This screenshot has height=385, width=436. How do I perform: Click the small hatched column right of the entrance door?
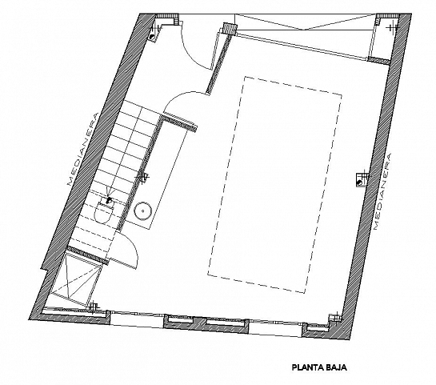click(230, 29)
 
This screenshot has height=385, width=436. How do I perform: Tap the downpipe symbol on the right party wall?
click(359, 179)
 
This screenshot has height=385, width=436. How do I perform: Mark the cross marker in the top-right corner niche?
click(390, 28)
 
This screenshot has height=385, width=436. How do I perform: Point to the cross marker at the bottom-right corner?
click(329, 323)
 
